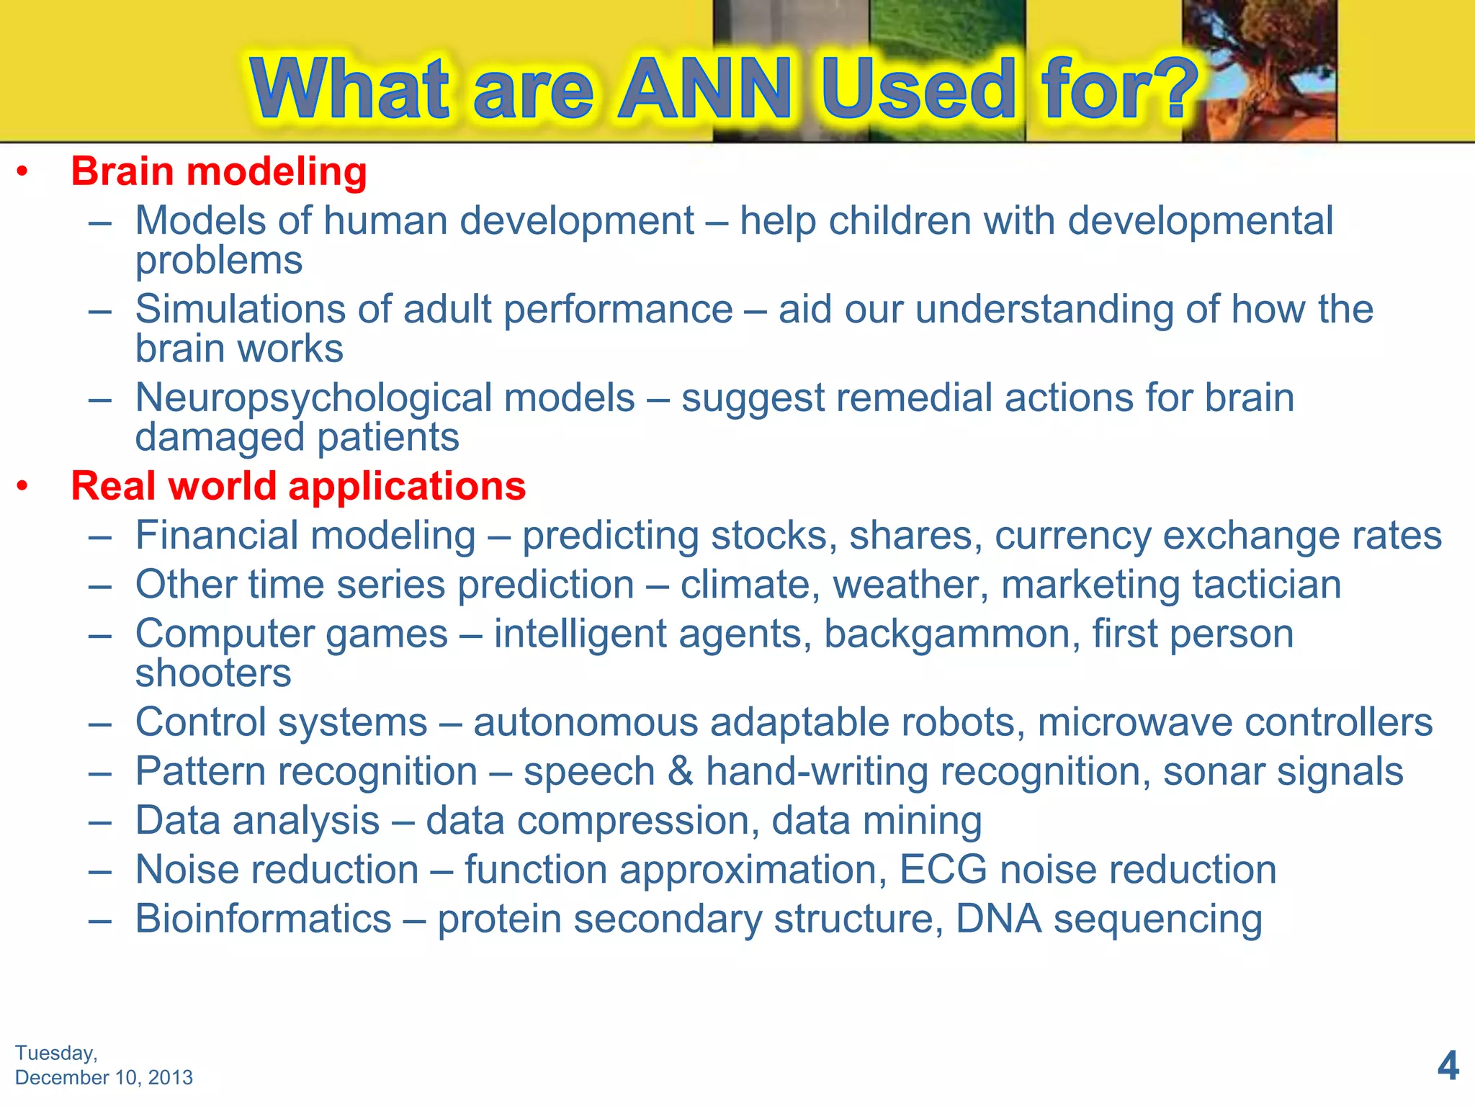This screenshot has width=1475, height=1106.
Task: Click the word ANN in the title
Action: (x=706, y=89)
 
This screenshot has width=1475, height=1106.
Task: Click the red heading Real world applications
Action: (x=298, y=486)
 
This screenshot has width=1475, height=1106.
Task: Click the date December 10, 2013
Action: (x=104, y=1078)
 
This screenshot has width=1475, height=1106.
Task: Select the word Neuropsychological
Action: (x=385, y=398)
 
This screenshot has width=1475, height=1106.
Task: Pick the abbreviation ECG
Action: (x=943, y=870)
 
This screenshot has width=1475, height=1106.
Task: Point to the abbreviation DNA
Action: (x=998, y=919)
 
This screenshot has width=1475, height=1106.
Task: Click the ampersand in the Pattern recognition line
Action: (x=680, y=771)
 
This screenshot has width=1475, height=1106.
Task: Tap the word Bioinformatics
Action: (x=264, y=919)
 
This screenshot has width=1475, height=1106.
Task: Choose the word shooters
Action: (x=213, y=673)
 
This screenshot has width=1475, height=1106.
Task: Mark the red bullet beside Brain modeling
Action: (x=23, y=173)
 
